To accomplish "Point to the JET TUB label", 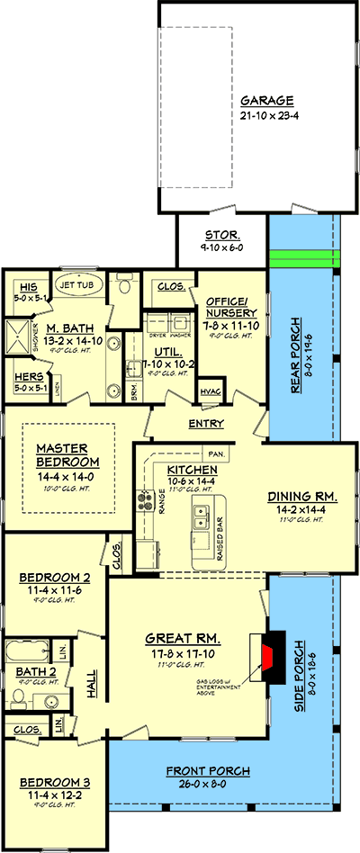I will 76,285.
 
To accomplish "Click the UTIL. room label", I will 167,355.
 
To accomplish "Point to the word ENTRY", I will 206,424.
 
